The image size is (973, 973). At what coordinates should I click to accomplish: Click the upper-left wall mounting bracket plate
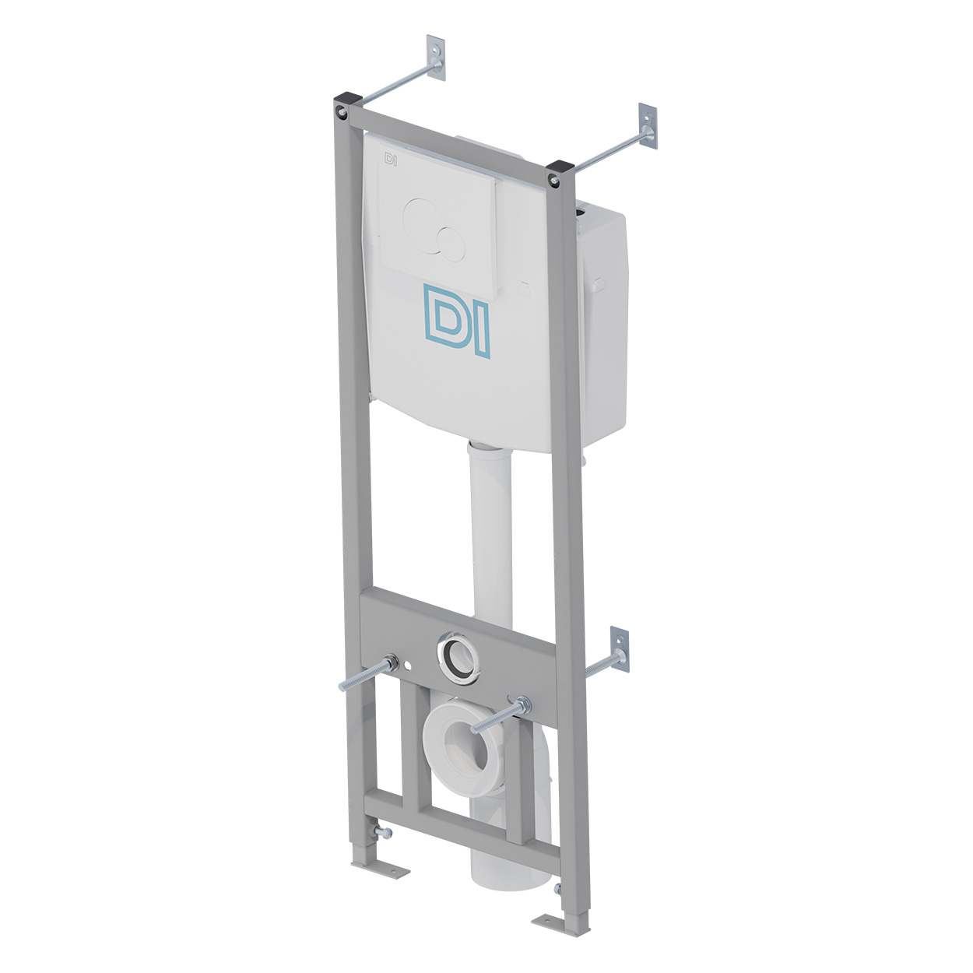click(436, 57)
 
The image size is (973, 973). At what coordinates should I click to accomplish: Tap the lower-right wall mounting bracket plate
click(620, 649)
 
